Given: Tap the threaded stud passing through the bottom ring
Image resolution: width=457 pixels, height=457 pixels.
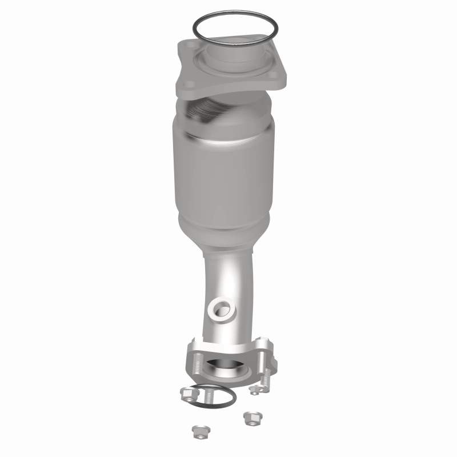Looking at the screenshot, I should coord(209,394).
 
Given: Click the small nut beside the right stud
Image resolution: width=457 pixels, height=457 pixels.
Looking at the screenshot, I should coord(255,388).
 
